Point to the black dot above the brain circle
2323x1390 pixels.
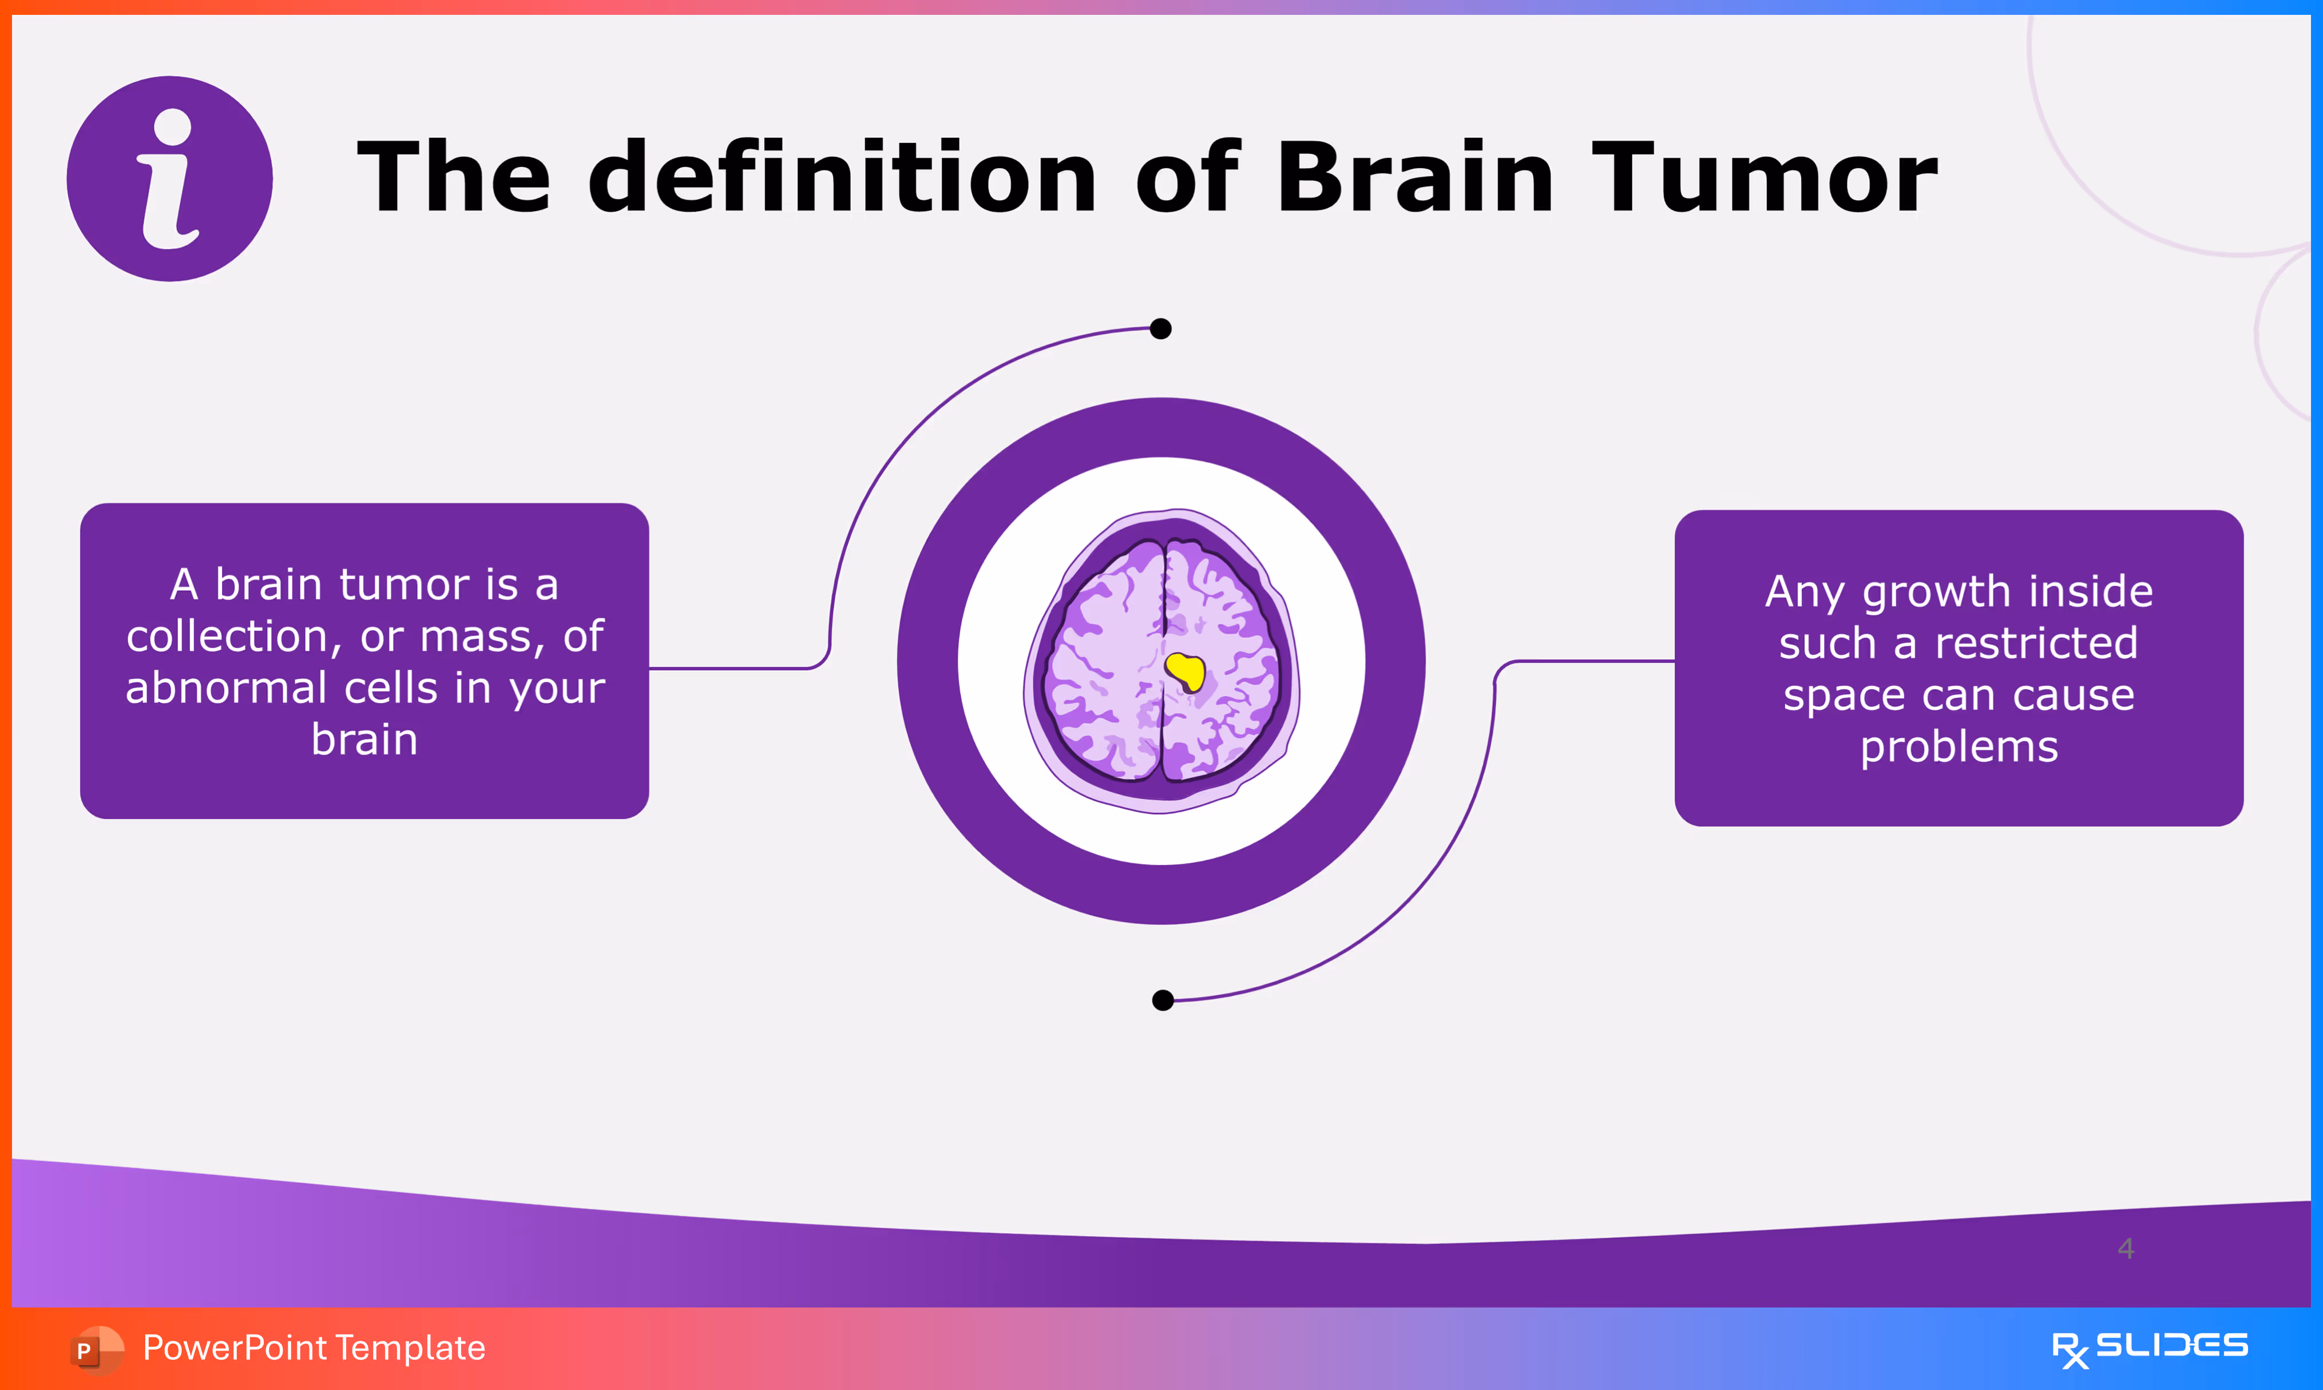[x=1160, y=329]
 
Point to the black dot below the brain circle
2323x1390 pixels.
[x=1163, y=1000]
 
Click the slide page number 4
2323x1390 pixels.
[x=2126, y=1249]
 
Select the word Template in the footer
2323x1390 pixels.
[x=410, y=1348]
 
